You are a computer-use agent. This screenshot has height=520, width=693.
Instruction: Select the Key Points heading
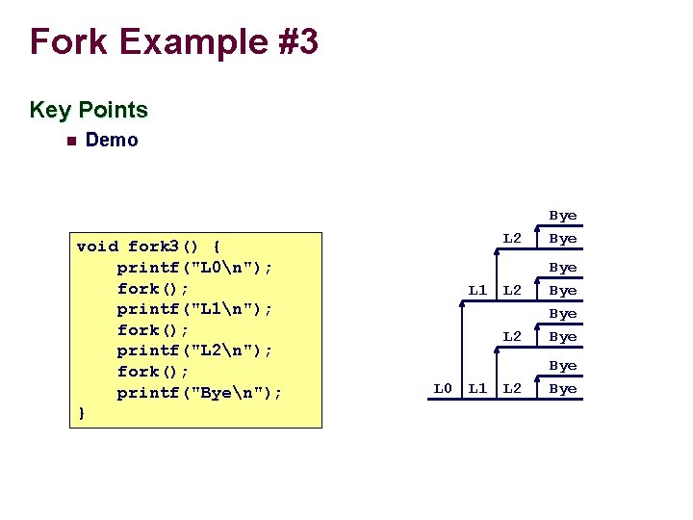click(89, 110)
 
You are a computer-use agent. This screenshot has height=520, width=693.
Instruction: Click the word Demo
click(112, 140)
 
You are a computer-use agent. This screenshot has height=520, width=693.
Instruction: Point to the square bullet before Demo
click(68, 141)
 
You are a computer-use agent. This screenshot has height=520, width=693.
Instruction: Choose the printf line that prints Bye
click(200, 392)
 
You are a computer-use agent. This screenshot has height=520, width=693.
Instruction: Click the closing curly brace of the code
click(81, 412)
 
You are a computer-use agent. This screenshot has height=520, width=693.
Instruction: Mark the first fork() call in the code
click(153, 288)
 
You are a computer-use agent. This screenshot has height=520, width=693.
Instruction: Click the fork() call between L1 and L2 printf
click(153, 329)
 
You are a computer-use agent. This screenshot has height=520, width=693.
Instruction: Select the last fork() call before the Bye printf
click(153, 371)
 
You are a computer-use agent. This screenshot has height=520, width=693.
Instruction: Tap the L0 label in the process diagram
click(442, 388)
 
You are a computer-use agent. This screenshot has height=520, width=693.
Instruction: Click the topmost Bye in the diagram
click(562, 216)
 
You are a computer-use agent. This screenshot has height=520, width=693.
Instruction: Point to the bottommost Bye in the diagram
click(562, 388)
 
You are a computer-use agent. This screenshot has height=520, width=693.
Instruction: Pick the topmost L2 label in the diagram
click(512, 237)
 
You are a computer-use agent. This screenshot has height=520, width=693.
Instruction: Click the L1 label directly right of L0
click(477, 388)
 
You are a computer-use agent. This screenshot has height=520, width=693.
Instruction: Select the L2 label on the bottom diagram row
click(512, 388)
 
